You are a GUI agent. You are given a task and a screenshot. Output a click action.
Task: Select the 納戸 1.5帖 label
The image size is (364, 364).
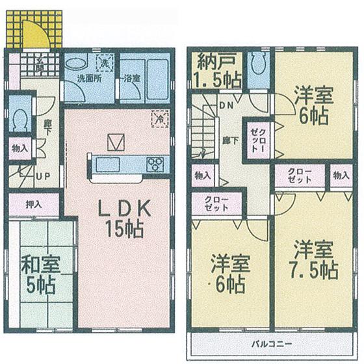[x=219, y=71]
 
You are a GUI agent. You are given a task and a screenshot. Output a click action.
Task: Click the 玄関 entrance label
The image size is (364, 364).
[x=40, y=65]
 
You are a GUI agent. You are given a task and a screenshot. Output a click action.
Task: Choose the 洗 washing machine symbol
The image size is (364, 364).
[x=103, y=62]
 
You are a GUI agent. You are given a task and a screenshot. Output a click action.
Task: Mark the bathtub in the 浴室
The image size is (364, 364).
[x=154, y=76]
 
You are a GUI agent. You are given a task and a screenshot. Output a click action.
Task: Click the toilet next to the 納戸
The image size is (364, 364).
[x=257, y=63]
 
